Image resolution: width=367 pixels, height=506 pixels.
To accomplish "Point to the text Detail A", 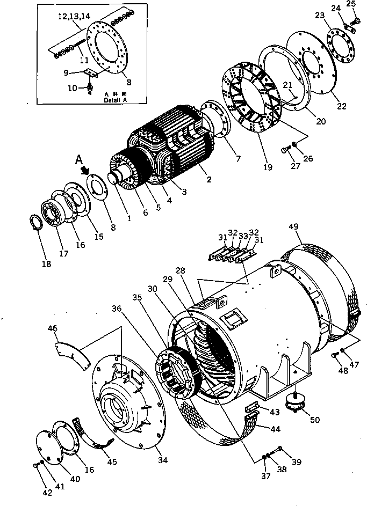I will [x=116, y=100].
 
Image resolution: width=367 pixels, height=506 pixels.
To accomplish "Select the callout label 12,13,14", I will [x=70, y=17].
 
